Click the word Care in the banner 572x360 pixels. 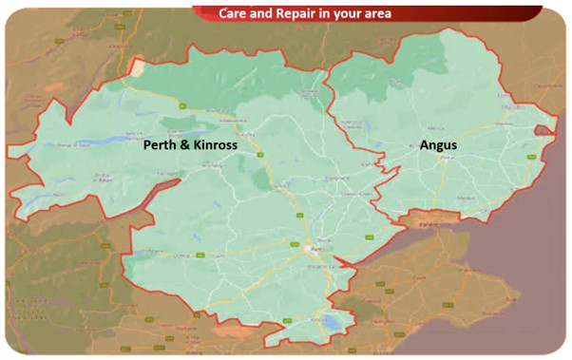pyautogui.click(x=234, y=13)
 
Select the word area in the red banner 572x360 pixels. pyautogui.click(x=373, y=13)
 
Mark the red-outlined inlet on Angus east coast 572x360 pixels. pyautogui.click(x=543, y=131)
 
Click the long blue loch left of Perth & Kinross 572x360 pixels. pyautogui.click(x=52, y=148)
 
